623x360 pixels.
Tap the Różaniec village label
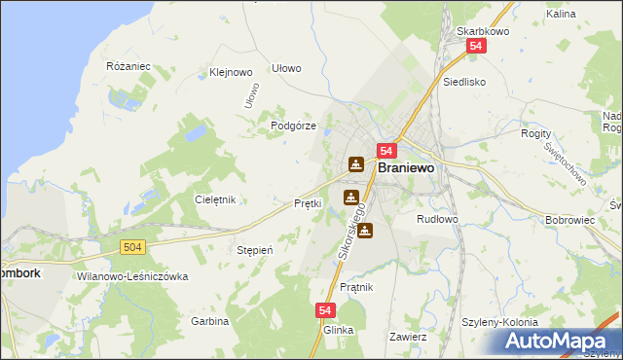[x=128, y=66]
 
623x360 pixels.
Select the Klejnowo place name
[x=231, y=72]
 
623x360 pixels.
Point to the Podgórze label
[x=293, y=126]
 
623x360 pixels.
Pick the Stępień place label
[x=255, y=250]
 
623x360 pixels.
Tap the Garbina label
[x=209, y=321]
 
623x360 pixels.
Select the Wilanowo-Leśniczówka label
[x=130, y=276]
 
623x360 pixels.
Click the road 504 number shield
[x=134, y=248]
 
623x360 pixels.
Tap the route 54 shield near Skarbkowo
[x=475, y=47]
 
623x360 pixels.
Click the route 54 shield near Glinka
[x=326, y=309]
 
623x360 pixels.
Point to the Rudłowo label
[x=437, y=219]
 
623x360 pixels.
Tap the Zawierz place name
[x=408, y=337]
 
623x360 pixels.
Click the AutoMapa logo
[x=559, y=341]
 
